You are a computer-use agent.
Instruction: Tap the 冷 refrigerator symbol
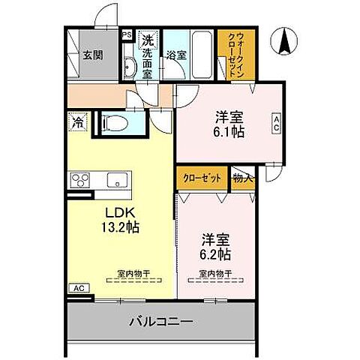click(77, 119)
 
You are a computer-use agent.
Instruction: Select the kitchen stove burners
click(79, 180)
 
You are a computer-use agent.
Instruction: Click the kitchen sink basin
click(117, 180)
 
